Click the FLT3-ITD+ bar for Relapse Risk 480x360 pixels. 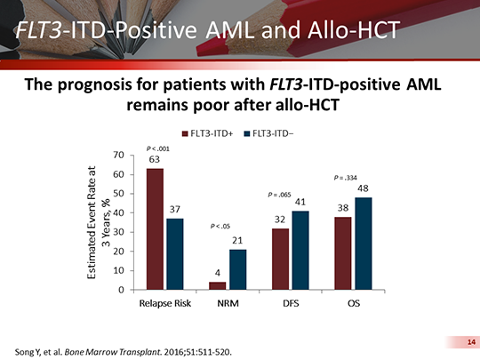(x=155, y=228)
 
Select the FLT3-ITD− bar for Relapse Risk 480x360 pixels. (x=175, y=253)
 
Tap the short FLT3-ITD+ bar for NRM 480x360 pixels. (x=217, y=285)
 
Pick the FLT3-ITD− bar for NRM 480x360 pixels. (x=237, y=269)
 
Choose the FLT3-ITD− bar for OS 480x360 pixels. (x=363, y=244)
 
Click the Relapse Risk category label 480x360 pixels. (x=165, y=304)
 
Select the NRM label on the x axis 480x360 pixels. (x=228, y=304)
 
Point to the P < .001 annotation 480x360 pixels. (x=156, y=148)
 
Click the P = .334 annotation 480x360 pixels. (x=346, y=178)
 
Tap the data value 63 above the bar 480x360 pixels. (x=154, y=158)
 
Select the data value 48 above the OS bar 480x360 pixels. (x=363, y=188)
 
